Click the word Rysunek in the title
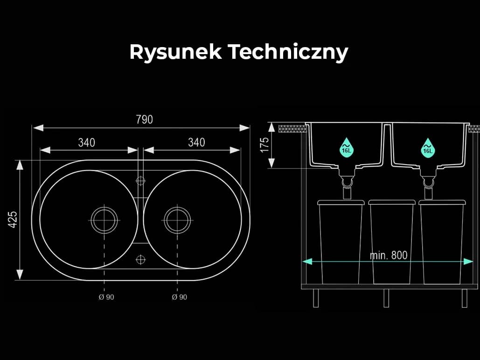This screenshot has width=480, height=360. [175, 51]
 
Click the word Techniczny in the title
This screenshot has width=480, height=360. [288, 51]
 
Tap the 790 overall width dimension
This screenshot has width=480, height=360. [144, 119]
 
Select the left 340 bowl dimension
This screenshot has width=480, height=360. [87, 143]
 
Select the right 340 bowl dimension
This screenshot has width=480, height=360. [196, 142]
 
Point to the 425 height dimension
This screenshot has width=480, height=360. [13, 220]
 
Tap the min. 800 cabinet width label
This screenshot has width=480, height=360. [389, 255]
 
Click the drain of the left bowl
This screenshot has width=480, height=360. [104, 220]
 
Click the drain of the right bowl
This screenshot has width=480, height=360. [177, 220]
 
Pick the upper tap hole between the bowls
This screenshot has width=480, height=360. [140, 181]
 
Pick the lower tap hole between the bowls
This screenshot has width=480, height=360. [140, 260]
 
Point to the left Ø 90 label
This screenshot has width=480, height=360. [106, 297]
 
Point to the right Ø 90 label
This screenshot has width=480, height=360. [180, 297]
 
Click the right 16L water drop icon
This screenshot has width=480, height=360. [428, 148]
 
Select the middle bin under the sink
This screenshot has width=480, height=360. [392, 242]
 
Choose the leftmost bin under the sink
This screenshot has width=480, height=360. [341, 242]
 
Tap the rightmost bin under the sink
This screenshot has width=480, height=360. [442, 242]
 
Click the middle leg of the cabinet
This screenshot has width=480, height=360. [386, 298]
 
